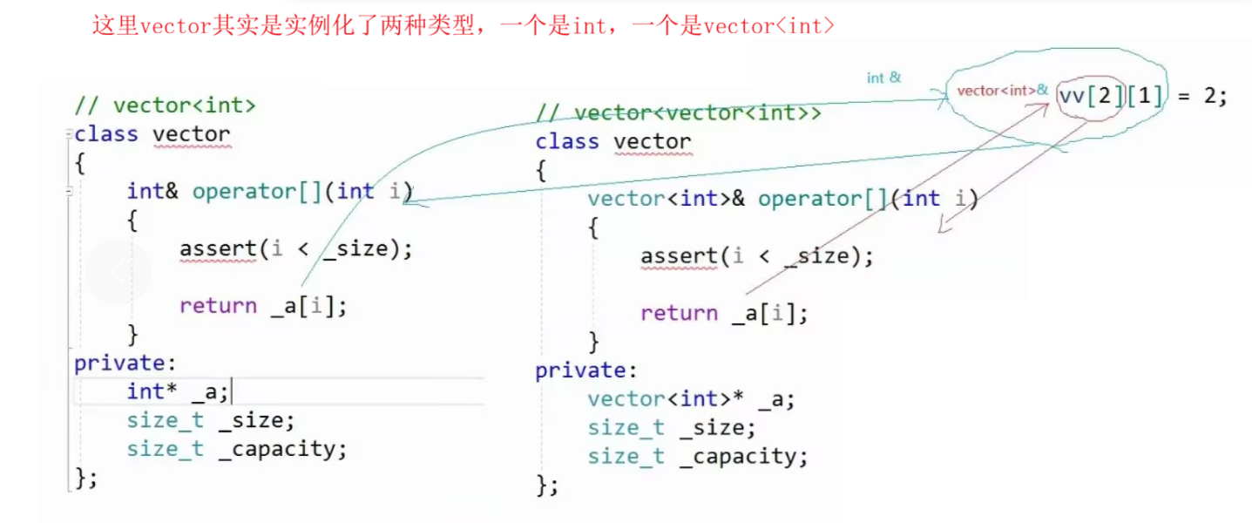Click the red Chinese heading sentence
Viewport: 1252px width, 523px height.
click(463, 24)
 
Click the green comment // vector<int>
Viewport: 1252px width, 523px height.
click(166, 105)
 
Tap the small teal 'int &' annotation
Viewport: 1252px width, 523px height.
click(883, 78)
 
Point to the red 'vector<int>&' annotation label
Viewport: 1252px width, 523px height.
click(1003, 90)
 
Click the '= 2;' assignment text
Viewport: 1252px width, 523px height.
click(1203, 96)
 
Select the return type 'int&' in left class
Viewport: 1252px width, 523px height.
click(152, 191)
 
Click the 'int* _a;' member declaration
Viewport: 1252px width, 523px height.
click(178, 391)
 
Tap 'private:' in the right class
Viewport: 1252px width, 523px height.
click(580, 370)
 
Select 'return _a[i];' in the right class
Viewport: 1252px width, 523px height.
click(724, 313)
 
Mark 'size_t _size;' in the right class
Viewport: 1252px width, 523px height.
click(672, 428)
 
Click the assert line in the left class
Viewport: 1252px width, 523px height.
click(295, 248)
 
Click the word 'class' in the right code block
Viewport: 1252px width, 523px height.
click(567, 141)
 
